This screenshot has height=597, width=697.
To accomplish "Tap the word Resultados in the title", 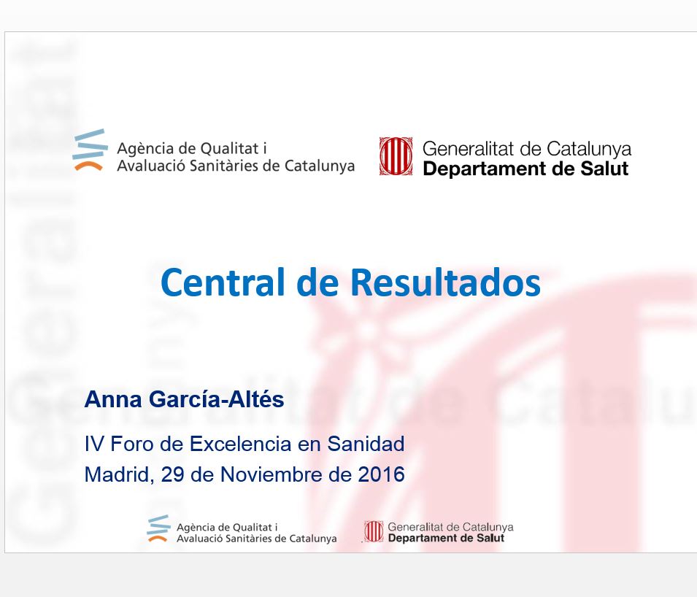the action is [x=446, y=282].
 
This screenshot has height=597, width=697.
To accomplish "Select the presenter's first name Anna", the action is [x=113, y=399].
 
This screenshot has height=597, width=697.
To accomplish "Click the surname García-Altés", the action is [x=217, y=398].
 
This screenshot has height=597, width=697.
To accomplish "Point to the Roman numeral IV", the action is [x=94, y=444].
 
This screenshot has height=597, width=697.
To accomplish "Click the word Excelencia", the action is [x=240, y=444].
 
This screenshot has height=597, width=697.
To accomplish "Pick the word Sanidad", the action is [x=366, y=444].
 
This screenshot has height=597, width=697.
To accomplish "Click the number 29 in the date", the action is [x=172, y=475].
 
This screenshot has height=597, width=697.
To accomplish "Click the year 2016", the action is [x=382, y=475].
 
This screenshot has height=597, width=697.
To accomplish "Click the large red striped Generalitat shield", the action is [x=396, y=156].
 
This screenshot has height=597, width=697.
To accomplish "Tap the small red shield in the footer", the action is [x=374, y=531].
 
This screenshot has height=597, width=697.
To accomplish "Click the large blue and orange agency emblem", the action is [x=91, y=150].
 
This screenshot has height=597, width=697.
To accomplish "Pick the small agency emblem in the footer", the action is [x=158, y=528].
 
